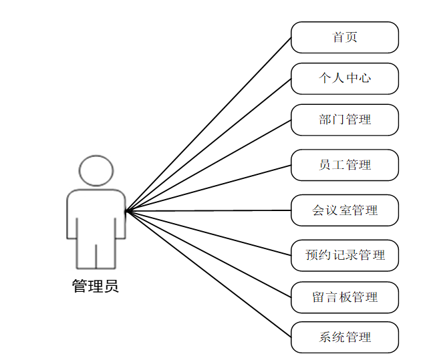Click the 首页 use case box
[x=345, y=37]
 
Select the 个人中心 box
[x=345, y=79]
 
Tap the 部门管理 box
[x=345, y=120]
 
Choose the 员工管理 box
[x=345, y=165]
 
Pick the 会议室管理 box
[x=345, y=210]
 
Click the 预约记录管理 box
[x=345, y=255]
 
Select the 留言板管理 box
[x=345, y=297]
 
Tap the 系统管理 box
[x=345, y=337]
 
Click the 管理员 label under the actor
[x=96, y=287]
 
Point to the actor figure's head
[x=96, y=170]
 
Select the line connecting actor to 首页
[x=208, y=124]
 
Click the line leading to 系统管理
[x=208, y=275]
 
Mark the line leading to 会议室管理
[x=208, y=211]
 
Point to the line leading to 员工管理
[x=208, y=188]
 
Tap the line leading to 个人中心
[x=208, y=145]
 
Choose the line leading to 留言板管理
[x=208, y=254]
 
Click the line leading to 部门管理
[x=208, y=166]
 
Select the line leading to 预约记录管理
[x=208, y=233]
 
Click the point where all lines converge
[x=126, y=211]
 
